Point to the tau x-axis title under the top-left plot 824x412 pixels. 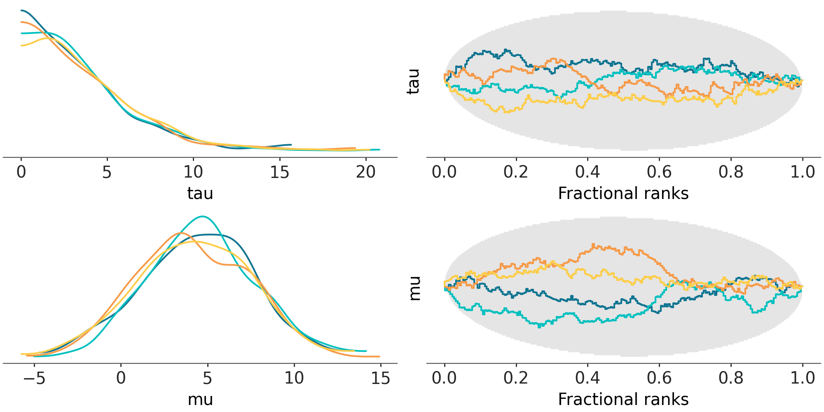[x=200, y=193]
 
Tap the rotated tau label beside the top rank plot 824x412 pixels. [x=413, y=81]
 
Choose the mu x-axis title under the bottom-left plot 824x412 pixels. [x=200, y=399]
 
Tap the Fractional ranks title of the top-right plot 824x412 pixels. [x=623, y=193]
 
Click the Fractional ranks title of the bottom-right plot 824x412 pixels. [x=623, y=399]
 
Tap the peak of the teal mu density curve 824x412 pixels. [x=202, y=216]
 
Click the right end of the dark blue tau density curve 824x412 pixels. [x=291, y=145]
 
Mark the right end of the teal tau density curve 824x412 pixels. [x=379, y=150]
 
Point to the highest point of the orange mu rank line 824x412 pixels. [x=593, y=244]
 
